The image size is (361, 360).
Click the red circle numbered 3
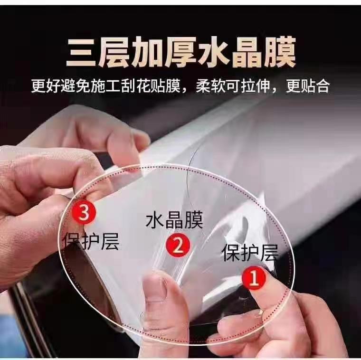[x=84, y=212]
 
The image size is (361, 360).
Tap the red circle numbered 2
[x=178, y=246]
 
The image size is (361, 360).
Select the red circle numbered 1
[x=254, y=278]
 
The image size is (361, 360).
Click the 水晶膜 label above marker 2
[x=174, y=220]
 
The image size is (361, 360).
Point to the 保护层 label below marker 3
[x=92, y=241]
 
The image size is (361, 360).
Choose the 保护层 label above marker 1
[x=249, y=253]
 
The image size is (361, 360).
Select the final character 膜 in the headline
[x=280, y=53]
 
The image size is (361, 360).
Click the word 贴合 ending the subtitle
[x=315, y=86]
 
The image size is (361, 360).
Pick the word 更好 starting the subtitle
[x=46, y=86]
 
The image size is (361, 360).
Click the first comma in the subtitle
[x=185, y=90]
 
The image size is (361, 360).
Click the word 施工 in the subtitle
[x=105, y=86]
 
